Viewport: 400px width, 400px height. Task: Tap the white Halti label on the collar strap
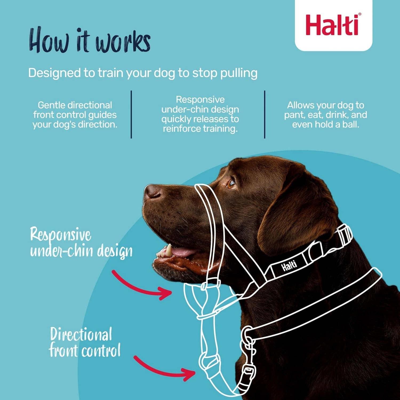(x=289, y=266)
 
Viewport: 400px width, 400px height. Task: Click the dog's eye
(x=231, y=184)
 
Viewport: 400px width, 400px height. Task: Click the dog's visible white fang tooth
(x=169, y=250)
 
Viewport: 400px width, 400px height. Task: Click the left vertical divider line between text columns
(x=131, y=114)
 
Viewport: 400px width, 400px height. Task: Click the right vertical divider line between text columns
(x=265, y=114)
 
